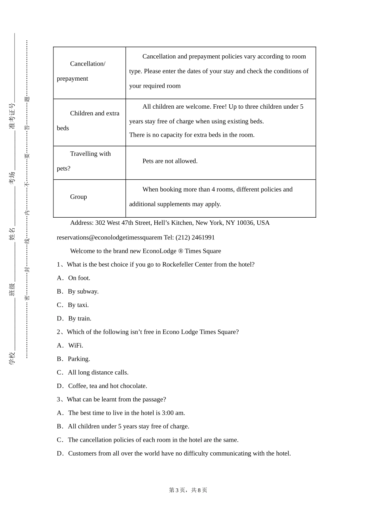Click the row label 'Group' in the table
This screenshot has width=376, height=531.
point(78,197)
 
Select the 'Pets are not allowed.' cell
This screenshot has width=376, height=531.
point(170,161)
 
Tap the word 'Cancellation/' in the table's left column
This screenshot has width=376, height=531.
point(87,64)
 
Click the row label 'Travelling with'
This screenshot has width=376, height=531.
point(90,154)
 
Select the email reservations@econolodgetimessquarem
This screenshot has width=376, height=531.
point(109,237)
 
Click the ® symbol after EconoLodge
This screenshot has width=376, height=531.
point(180,251)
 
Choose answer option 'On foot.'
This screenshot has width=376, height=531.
point(79,278)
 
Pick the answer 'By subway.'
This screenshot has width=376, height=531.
point(83,292)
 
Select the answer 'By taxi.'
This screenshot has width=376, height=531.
point(78,305)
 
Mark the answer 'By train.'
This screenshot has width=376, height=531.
point(80,318)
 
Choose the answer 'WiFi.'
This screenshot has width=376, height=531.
point(76,345)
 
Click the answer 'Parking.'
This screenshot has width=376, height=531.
point(79,359)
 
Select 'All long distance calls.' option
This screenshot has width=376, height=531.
point(98,372)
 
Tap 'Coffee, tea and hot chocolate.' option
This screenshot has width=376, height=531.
point(107,386)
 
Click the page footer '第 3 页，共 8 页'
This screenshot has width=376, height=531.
point(188,490)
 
